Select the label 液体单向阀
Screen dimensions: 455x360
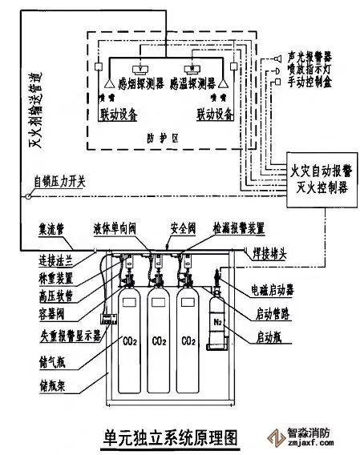(136, 228)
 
